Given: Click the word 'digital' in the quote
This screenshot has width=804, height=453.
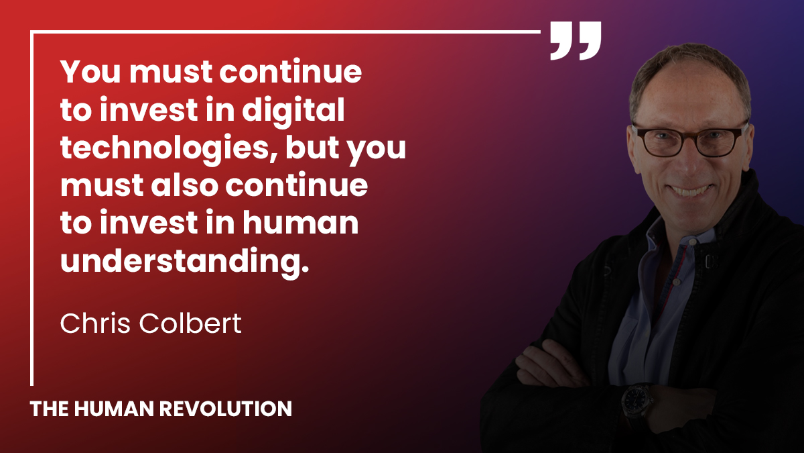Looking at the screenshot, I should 301,111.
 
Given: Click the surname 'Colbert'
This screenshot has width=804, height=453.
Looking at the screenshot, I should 190,323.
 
